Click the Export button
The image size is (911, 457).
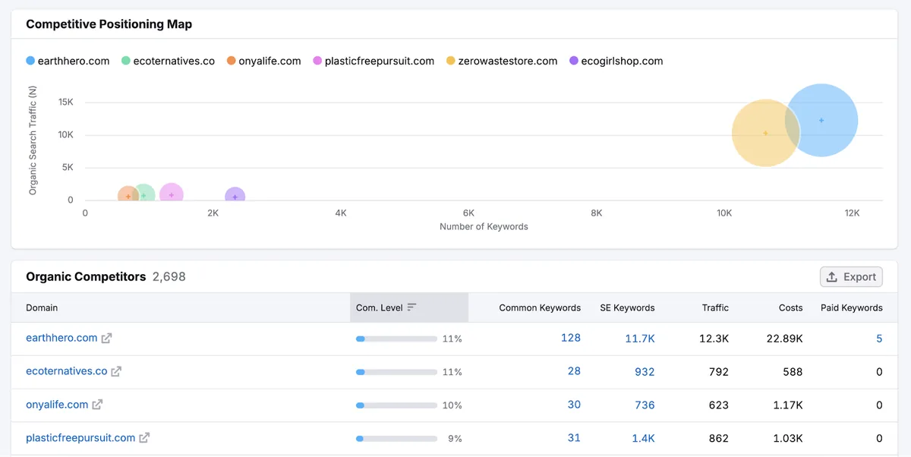click(851, 277)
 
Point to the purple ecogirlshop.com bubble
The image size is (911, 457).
click(235, 194)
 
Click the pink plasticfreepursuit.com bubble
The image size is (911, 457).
click(172, 192)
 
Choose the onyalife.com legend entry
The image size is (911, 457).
click(264, 61)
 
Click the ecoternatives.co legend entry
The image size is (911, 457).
click(168, 61)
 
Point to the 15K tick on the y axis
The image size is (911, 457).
click(65, 102)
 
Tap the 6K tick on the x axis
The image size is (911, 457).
click(468, 213)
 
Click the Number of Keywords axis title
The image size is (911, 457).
click(484, 226)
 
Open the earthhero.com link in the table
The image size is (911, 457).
click(61, 338)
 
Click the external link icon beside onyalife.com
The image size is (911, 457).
click(97, 405)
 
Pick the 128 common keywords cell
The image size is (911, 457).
click(571, 338)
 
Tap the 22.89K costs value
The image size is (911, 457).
click(784, 339)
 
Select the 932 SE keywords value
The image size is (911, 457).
click(645, 372)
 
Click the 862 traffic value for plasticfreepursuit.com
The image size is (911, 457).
click(719, 438)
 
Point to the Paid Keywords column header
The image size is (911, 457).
click(851, 307)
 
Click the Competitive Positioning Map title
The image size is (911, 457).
click(109, 24)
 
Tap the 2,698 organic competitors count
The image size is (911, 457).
click(169, 277)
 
